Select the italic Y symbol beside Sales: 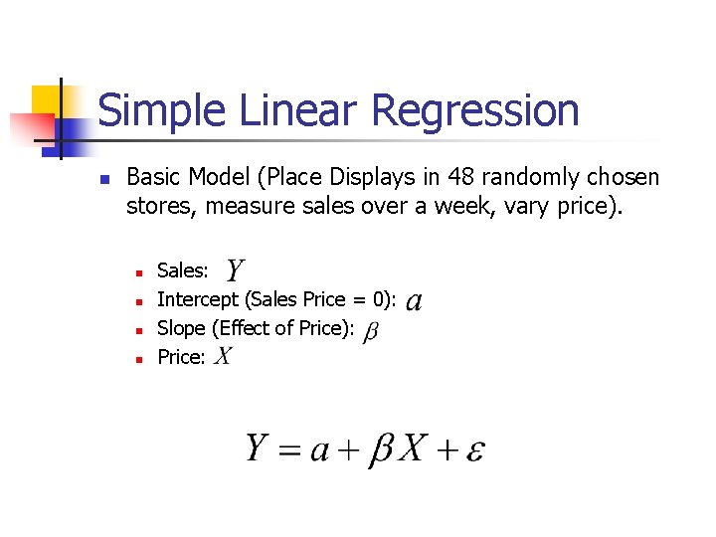(x=236, y=269)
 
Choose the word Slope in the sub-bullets (x=181, y=328)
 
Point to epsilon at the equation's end (x=473, y=451)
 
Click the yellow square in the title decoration (x=47, y=100)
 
